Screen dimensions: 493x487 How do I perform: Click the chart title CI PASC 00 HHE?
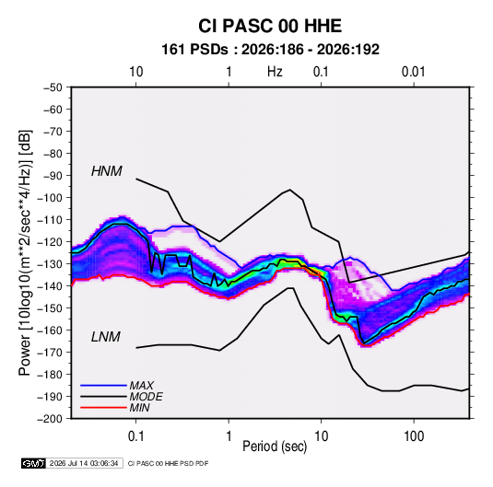pyautogui.click(x=270, y=26)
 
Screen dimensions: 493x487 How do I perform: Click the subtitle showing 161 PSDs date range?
pyautogui.click(x=270, y=50)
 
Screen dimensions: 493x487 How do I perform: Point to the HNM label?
pyautogui.click(x=107, y=171)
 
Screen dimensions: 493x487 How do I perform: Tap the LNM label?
pyautogui.click(x=106, y=337)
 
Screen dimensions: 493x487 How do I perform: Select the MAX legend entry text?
pyautogui.click(x=142, y=386)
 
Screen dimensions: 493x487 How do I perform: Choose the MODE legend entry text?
pyautogui.click(x=146, y=397)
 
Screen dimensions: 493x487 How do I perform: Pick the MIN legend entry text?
pyautogui.click(x=139, y=408)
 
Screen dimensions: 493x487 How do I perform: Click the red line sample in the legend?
pyautogui.click(x=103, y=408)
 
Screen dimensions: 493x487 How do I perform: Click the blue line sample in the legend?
pyautogui.click(x=103, y=386)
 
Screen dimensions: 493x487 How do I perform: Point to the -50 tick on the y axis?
pyautogui.click(x=53, y=87)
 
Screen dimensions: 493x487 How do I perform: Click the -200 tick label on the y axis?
pyautogui.click(x=50, y=419)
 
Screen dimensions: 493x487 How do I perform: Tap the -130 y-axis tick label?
pyautogui.click(x=50, y=264)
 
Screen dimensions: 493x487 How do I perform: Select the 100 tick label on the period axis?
pyautogui.click(x=414, y=436)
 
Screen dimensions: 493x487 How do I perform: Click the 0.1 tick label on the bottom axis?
pyautogui.click(x=135, y=436)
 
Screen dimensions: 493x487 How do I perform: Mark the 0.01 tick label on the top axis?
pyautogui.click(x=414, y=72)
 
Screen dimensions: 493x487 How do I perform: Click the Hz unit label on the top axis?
pyautogui.click(x=275, y=72)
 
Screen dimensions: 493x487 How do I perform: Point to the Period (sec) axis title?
pyautogui.click(x=275, y=446)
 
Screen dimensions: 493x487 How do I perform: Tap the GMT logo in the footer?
pyautogui.click(x=34, y=463)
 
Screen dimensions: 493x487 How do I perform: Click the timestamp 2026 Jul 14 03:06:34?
pyautogui.click(x=84, y=463)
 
